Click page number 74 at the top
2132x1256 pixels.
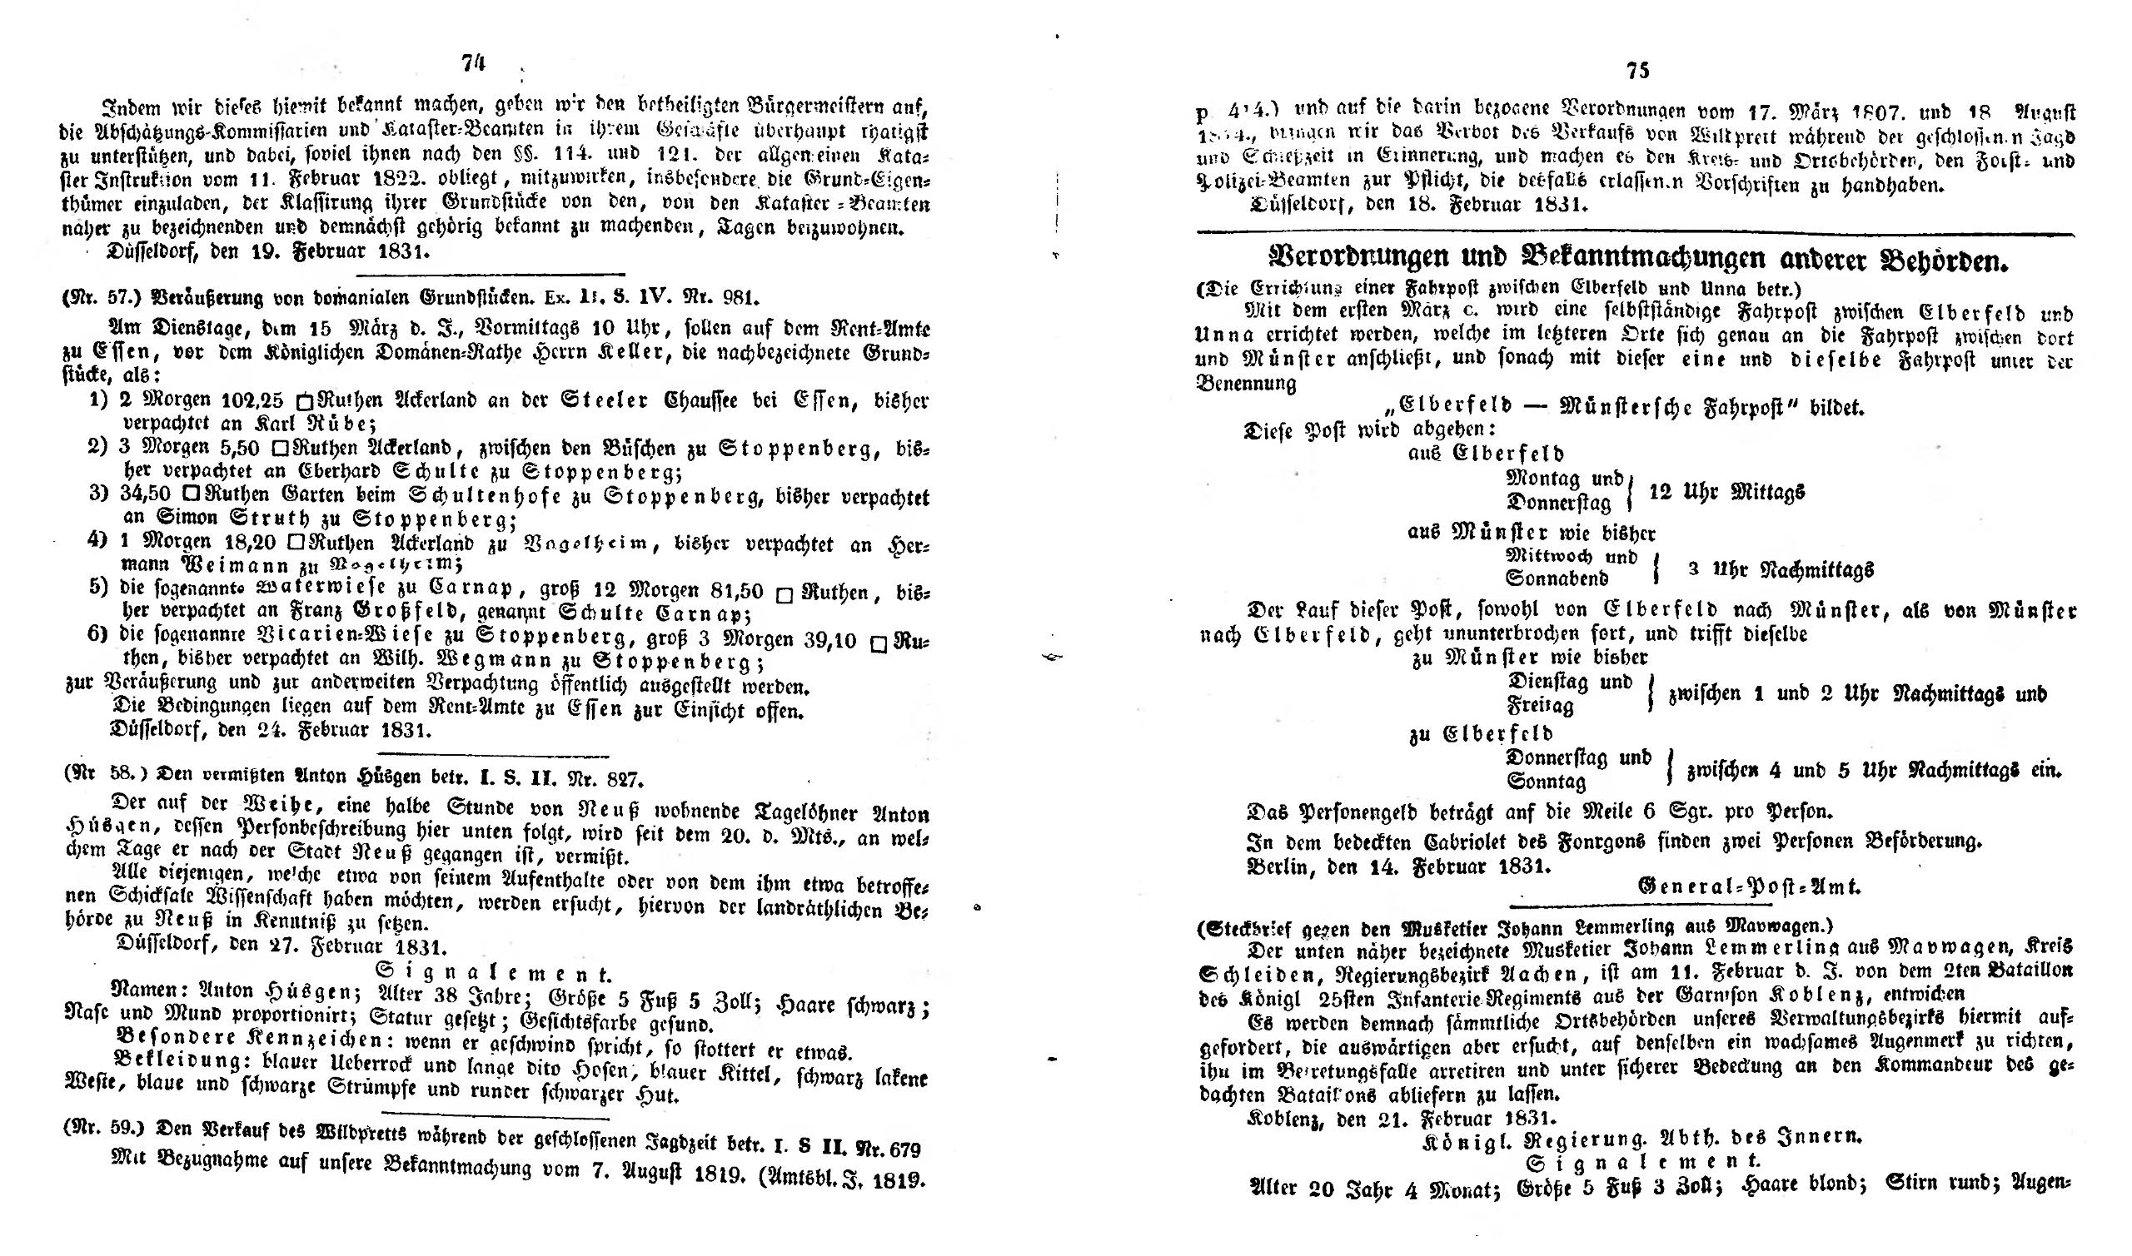tap(472, 63)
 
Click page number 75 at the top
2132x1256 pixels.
tap(1637, 70)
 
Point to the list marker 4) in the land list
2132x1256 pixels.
tap(98, 540)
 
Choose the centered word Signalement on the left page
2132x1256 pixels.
tap(493, 974)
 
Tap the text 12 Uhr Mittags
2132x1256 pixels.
tap(1727, 492)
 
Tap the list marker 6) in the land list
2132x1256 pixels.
tap(98, 637)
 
